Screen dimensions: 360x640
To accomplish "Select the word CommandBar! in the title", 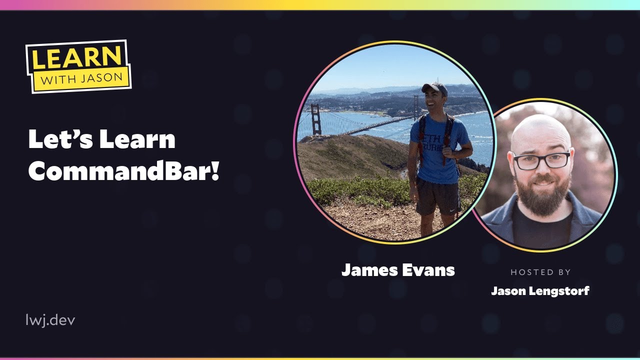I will point(124,171).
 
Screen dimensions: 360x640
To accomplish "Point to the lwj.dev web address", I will point(50,320).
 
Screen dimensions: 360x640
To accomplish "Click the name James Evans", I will point(398,270).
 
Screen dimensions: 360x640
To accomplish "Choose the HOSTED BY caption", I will point(540,272).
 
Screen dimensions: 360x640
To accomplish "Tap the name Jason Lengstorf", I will point(540,290).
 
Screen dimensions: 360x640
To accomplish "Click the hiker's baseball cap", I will point(434,88).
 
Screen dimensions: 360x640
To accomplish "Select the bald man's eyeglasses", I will point(541,160).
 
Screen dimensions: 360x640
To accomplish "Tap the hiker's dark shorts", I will point(437,195).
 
